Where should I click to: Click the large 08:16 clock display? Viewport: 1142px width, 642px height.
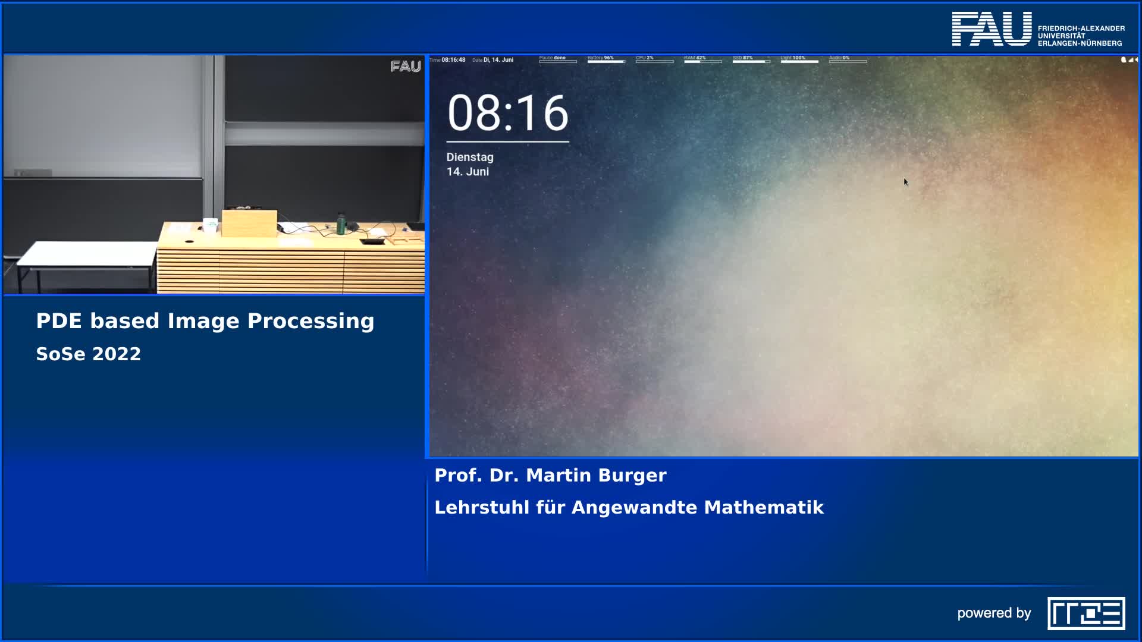tap(507, 113)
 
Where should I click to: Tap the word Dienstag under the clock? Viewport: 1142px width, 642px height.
tap(470, 157)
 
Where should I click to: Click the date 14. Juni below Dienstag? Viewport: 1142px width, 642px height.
tap(468, 172)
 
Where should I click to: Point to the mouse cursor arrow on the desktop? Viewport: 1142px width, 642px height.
tap(905, 182)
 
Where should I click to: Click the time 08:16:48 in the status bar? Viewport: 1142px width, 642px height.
tap(453, 60)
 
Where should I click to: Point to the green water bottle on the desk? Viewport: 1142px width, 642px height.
tap(341, 224)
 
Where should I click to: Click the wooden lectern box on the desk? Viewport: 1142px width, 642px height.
tap(249, 223)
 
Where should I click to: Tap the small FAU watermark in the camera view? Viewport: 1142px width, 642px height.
tap(406, 67)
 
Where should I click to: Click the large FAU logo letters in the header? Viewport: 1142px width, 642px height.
tap(992, 29)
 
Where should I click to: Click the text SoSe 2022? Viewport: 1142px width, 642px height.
tap(88, 354)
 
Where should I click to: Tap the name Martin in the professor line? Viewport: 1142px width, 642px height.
tap(559, 476)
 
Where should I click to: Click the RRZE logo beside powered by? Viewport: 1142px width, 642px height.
tap(1085, 613)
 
